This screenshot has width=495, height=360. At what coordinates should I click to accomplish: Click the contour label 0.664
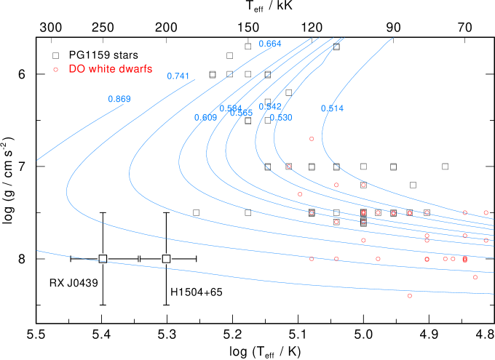269,44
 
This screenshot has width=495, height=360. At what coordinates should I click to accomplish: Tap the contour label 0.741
178,76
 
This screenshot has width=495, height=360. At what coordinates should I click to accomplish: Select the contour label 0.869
119,99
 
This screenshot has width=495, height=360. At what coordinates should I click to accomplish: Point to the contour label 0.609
205,117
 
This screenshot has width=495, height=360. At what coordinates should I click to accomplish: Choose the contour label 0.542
269,107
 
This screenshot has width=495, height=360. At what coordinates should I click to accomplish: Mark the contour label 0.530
280,117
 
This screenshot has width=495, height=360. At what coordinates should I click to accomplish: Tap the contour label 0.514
332,108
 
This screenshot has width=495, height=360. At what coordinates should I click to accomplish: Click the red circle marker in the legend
55,69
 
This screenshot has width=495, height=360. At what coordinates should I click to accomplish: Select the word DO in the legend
76,69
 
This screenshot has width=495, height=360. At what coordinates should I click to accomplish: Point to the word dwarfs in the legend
137,69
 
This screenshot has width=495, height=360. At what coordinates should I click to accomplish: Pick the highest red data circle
312,138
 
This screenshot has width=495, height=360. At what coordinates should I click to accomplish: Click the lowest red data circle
410,295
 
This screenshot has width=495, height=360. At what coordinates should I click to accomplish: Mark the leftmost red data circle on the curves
288,167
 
